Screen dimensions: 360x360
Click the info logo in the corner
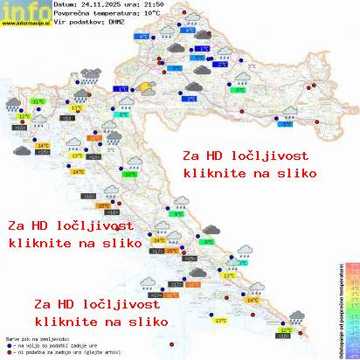(x=24, y=10)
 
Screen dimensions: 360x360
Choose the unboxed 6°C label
(x=87, y=75)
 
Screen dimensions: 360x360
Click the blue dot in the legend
(x=9, y=344)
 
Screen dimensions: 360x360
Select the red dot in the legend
(x=9, y=351)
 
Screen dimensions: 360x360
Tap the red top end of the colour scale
(x=353, y=263)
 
